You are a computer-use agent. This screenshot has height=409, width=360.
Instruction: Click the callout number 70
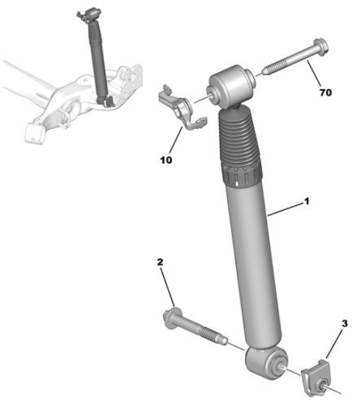pyautogui.click(x=325, y=92)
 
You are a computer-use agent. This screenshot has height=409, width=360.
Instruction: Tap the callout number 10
pyautogui.click(x=166, y=160)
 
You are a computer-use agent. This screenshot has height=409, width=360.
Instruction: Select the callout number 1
pyautogui.click(x=307, y=201)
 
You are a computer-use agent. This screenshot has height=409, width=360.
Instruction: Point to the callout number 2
pyautogui.click(x=160, y=262)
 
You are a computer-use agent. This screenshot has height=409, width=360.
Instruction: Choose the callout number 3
pyautogui.click(x=345, y=324)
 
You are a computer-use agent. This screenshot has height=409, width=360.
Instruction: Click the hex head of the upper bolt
pyautogui.click(x=321, y=47)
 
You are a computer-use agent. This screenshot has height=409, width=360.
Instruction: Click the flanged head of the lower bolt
pyautogui.click(x=171, y=318)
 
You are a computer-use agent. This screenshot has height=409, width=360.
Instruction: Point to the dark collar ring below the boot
pyautogui.click(x=241, y=175)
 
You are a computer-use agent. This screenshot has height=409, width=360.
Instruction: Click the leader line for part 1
pyautogui.click(x=285, y=209)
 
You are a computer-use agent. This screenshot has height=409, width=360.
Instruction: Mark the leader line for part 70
pyautogui.click(x=314, y=73)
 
